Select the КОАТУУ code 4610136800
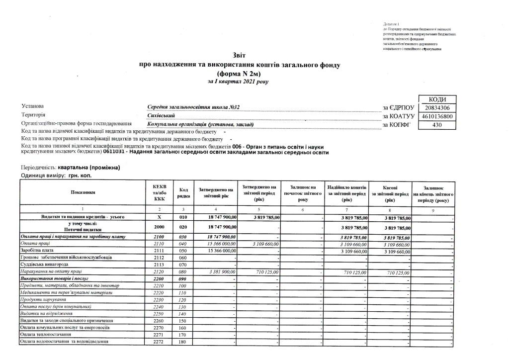coord(435,116)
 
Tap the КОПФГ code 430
coord(435,125)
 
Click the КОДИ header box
coord(435,99)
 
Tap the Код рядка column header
coord(183,192)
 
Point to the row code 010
coord(183,217)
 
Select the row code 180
coord(183,342)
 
